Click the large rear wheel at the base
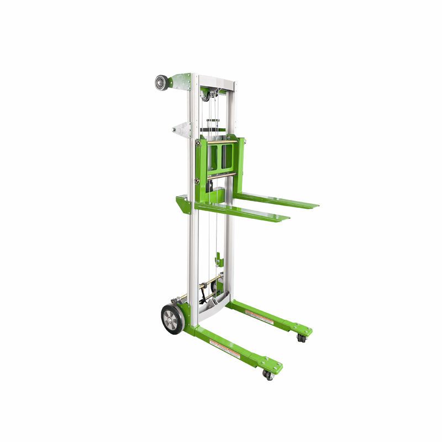coord(172,318)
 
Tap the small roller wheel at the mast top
coord(161,82)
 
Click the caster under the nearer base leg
coord(268,375)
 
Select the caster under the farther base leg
coord(301,337)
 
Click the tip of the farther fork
coord(315,206)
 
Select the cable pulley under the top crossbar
coord(206,96)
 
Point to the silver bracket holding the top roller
coord(180,81)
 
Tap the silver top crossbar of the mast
coord(215,80)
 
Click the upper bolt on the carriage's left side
coord(197,145)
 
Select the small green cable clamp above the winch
coord(219,259)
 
